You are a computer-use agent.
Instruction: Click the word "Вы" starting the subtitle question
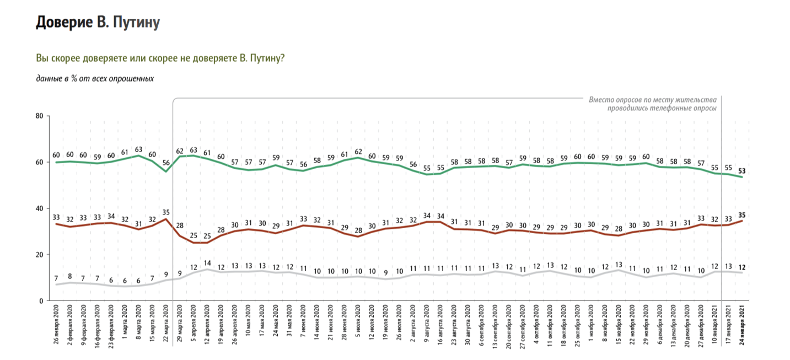click(42, 58)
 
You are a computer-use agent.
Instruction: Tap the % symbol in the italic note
click(73, 79)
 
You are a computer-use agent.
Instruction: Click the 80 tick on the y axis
click(39, 116)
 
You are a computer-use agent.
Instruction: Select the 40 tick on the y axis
click(39, 208)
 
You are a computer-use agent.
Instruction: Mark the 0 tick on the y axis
click(41, 301)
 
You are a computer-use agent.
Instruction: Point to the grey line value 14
click(207, 262)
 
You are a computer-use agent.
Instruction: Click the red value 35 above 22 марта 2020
click(166, 211)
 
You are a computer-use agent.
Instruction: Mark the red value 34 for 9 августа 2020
click(427, 215)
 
